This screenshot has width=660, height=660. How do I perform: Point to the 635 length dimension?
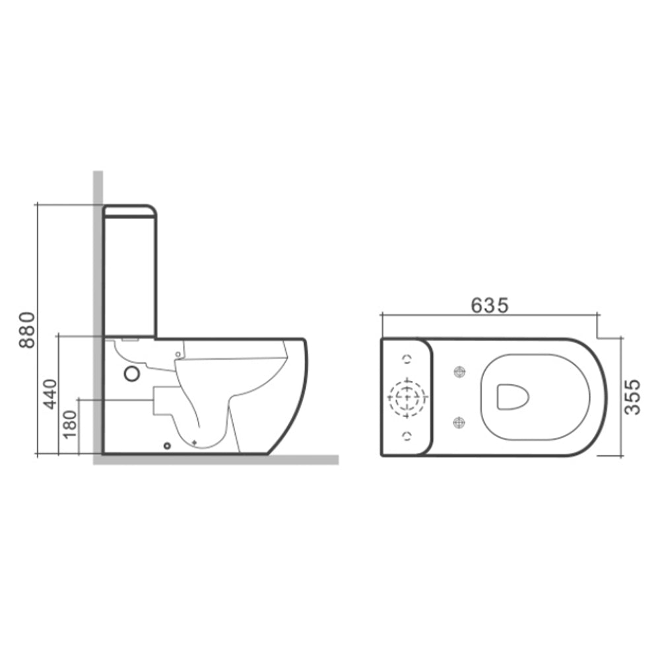pyautogui.click(x=489, y=306)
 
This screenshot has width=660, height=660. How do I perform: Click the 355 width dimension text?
pyautogui.click(x=632, y=396)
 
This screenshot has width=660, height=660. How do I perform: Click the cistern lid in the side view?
pyautogui.click(x=130, y=211)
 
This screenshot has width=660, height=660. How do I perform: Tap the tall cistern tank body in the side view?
pyautogui.click(x=130, y=277)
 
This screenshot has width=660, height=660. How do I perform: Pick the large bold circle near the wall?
pyautogui.click(x=133, y=374)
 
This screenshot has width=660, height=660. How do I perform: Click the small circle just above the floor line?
pyautogui.click(x=167, y=444)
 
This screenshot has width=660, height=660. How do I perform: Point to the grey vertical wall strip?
pyautogui.click(x=98, y=264)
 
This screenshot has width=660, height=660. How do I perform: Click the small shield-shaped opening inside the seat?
pyautogui.click(x=511, y=397)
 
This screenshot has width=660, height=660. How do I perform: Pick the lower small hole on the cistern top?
pyautogui.click(x=407, y=435)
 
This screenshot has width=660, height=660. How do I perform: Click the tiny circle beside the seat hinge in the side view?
pyautogui.click(x=177, y=355)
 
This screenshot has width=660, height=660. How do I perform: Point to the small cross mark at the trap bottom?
pyautogui.click(x=194, y=441)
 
